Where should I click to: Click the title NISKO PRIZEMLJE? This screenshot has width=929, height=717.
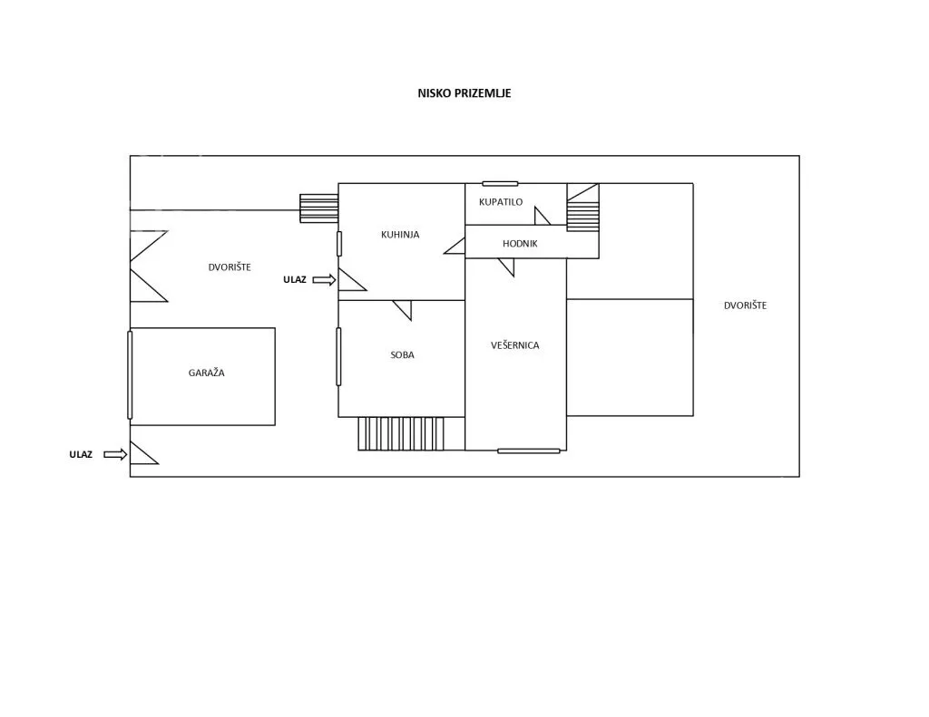464,93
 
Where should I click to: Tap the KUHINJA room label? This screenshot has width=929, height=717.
400,235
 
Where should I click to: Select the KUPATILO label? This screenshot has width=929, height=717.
501,202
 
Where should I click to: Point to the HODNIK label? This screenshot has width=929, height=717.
520,243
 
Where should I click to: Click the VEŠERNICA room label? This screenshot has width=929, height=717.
515,345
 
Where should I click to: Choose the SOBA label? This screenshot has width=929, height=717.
402,355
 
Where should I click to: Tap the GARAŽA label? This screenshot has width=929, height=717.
206,373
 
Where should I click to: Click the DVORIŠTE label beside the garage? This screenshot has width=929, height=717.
230,267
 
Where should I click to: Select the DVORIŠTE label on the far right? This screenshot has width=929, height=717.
745,305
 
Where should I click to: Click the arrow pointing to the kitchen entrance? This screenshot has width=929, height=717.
324,280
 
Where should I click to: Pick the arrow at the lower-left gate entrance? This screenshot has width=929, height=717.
115,455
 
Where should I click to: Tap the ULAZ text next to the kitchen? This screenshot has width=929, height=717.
295,279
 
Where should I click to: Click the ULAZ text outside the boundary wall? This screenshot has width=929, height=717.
81,455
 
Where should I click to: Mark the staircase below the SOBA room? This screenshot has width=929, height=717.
401,433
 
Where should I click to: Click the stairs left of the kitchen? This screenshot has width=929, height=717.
318,208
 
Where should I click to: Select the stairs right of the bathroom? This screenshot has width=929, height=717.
583,208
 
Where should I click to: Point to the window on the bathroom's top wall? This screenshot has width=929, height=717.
500,183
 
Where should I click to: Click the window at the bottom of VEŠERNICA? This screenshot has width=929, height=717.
529,451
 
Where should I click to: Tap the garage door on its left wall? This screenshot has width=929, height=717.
130,374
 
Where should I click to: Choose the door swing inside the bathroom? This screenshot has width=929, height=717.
543,216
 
